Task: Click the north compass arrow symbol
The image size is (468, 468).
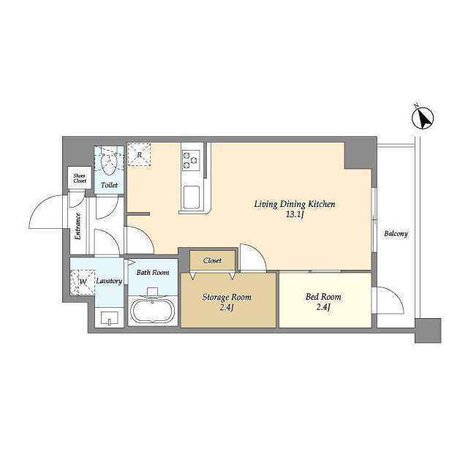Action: [423, 118]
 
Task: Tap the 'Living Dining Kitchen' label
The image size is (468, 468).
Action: [295, 204]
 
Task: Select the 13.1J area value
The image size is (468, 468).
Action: [295, 214]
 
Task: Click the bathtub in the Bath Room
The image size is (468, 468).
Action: [153, 310]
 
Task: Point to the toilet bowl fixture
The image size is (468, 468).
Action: [109, 161]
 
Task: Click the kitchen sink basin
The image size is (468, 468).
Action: [192, 197]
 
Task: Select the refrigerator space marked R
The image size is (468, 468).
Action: [139, 154]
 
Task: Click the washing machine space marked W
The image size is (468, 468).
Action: [83, 282]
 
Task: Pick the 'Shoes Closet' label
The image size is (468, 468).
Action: [80, 178]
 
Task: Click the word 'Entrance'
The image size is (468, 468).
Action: [78, 226]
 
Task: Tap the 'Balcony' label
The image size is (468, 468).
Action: [396, 233]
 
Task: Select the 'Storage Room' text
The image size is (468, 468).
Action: [227, 298]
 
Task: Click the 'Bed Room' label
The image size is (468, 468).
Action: [323, 297]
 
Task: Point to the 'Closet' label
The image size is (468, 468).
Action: [213, 260]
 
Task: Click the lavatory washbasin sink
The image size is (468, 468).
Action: [109, 318]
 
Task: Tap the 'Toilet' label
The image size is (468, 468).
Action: [109, 185]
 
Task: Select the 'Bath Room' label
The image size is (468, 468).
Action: [153, 273]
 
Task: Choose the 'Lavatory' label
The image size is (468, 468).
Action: [109, 281]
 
